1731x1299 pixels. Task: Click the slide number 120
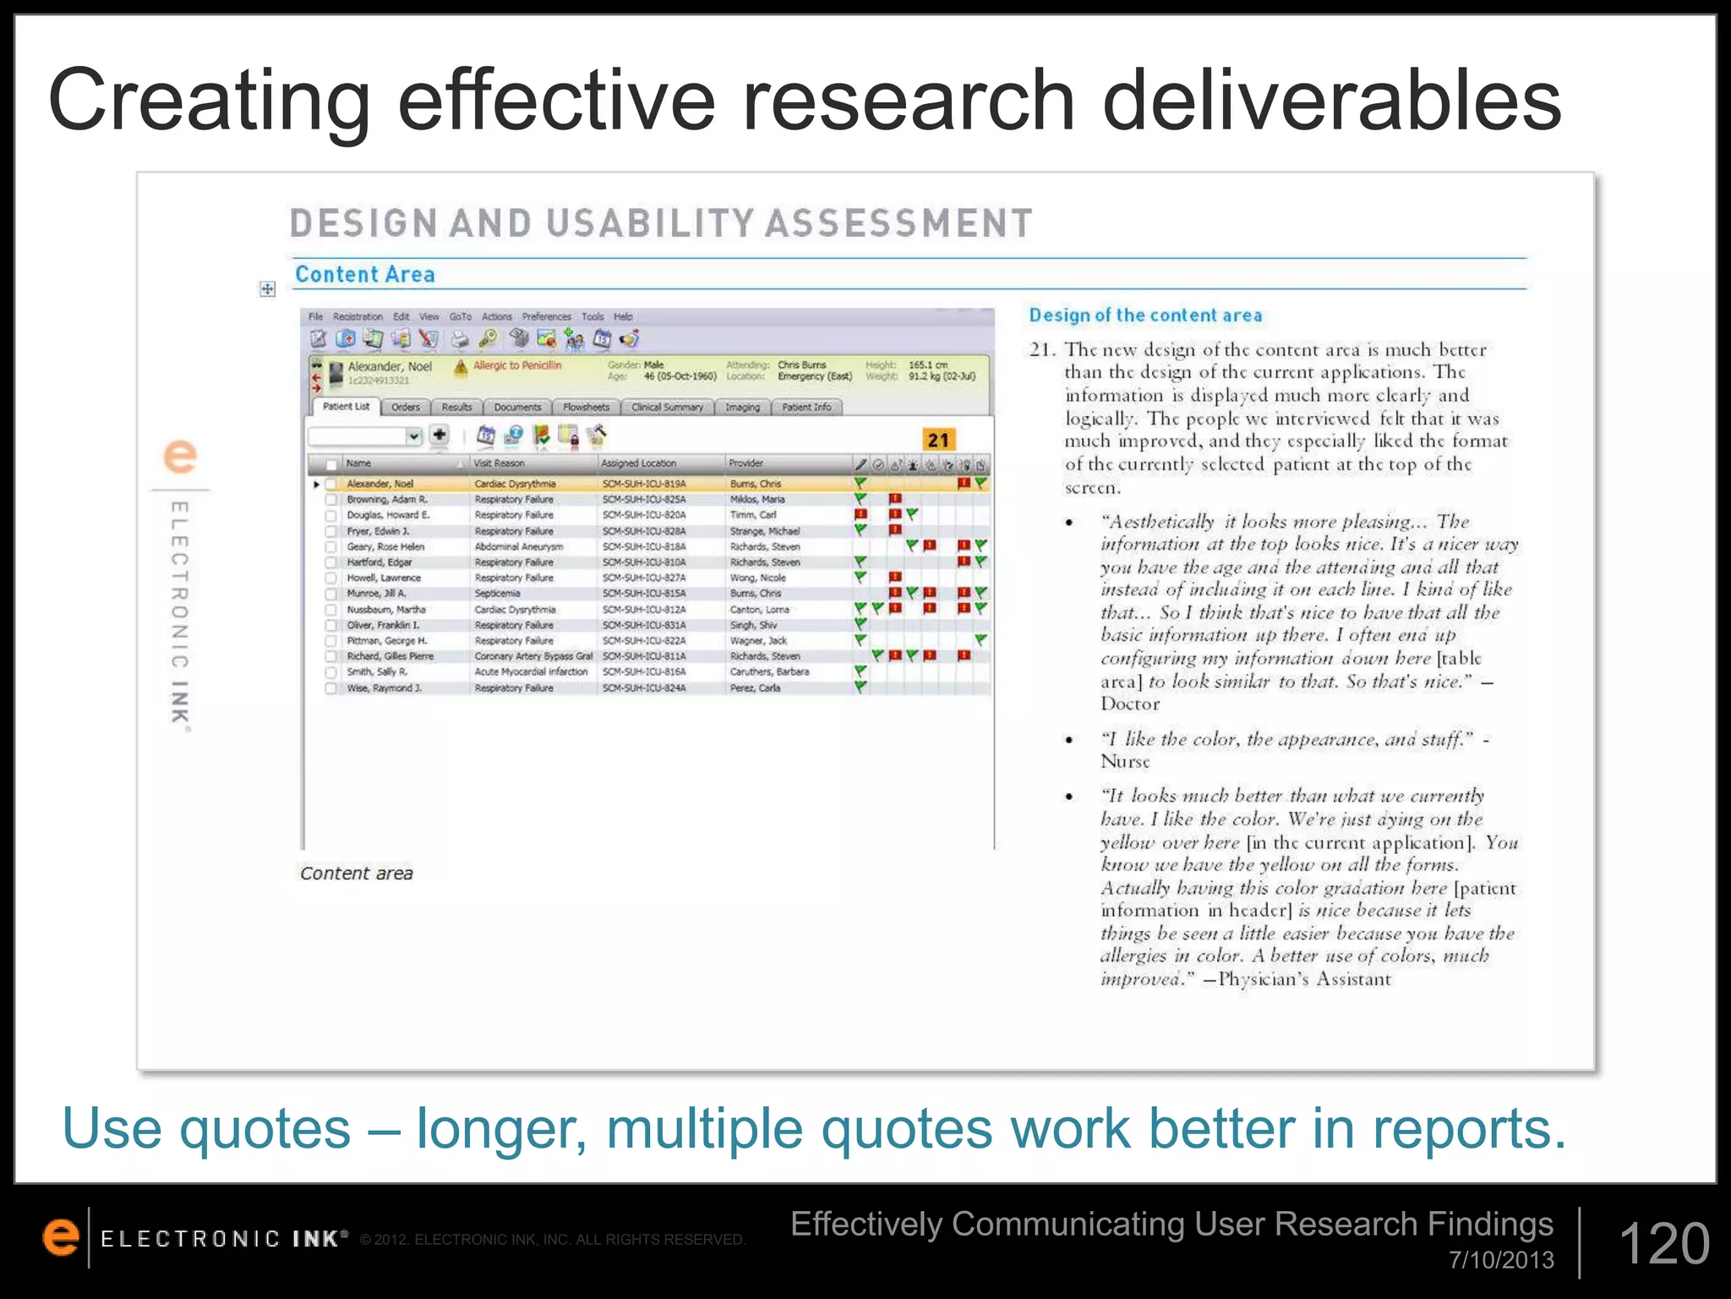point(1663,1244)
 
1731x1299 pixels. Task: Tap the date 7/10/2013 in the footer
point(1501,1260)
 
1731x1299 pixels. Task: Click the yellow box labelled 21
point(938,440)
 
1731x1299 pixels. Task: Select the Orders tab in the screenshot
point(406,408)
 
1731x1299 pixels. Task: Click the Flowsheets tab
point(586,408)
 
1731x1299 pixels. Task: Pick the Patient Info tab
point(806,408)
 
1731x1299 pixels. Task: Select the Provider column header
point(746,463)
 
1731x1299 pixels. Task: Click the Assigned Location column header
point(639,463)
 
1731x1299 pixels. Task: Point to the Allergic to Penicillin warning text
point(516,365)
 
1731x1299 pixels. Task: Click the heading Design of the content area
point(1145,315)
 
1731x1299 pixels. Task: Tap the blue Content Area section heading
point(364,275)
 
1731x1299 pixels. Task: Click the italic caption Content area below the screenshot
point(356,874)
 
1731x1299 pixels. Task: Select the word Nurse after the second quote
point(1125,762)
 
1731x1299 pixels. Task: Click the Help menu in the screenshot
point(623,317)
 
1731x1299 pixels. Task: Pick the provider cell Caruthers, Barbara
point(769,672)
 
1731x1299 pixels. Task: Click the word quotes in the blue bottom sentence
point(265,1129)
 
